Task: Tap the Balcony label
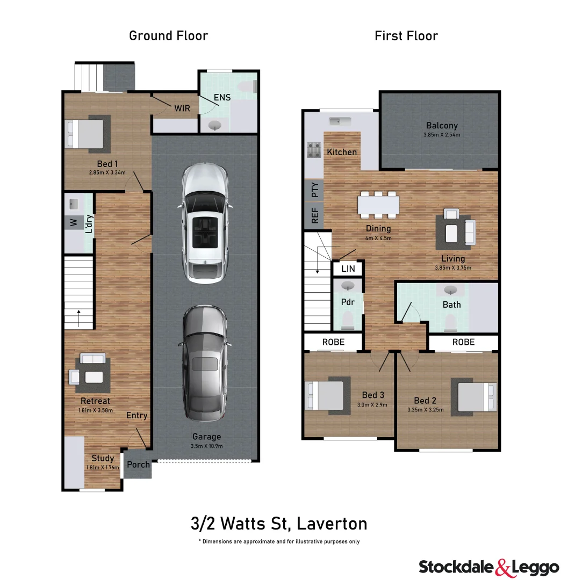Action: coord(442,126)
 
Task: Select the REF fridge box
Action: coord(314,216)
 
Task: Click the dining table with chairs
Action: coord(378,205)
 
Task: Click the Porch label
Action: coord(138,464)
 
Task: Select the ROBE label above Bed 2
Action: coord(463,342)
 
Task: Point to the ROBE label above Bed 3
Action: coord(333,342)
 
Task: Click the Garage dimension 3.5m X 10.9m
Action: coord(207,446)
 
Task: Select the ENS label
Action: coord(222,98)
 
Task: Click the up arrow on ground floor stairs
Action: coord(78,318)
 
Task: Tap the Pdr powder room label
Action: coord(348,302)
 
